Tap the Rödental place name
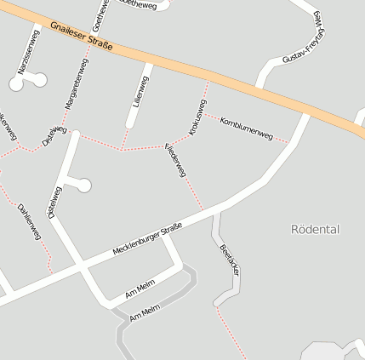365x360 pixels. [x=315, y=229]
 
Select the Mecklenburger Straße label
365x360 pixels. [x=147, y=242]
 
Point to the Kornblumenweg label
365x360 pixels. [x=245, y=130]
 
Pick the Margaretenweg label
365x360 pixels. [x=77, y=89]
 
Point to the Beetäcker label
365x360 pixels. [x=229, y=260]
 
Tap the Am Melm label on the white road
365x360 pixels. [x=140, y=290]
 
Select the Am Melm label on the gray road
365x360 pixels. [x=145, y=314]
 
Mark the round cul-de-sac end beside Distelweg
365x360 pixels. [x=84, y=186]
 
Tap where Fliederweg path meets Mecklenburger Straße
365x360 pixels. [x=205, y=211]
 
